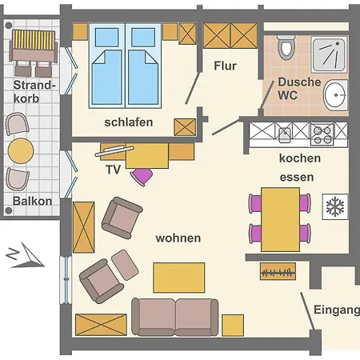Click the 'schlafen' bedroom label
(x=128, y=122)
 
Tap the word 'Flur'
(x=225, y=66)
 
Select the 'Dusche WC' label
(x=299, y=88)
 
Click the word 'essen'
(x=296, y=177)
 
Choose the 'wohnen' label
(x=178, y=238)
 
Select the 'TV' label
(x=113, y=170)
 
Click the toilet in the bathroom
(x=287, y=49)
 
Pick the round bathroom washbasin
(x=336, y=96)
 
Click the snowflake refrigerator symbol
(x=334, y=206)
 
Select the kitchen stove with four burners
(x=322, y=134)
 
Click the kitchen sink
(x=285, y=134)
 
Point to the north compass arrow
(x=22, y=256)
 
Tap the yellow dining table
(x=279, y=218)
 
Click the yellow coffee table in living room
(x=178, y=277)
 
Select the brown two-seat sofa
(x=175, y=316)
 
